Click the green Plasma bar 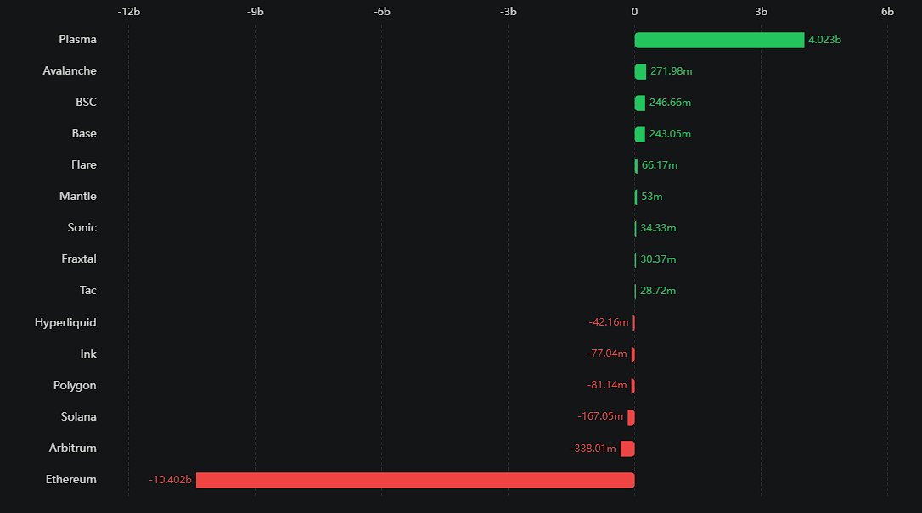tap(719, 40)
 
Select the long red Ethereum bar tap(415, 480)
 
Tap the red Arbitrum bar tap(627, 449)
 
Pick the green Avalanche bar tap(640, 71)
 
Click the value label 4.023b tap(824, 40)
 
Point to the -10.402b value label tap(171, 480)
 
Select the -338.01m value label tap(593, 449)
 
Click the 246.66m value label tap(676, 103)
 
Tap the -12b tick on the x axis tap(129, 12)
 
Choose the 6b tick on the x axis tap(887, 12)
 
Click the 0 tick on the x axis tap(634, 12)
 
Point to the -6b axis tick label tap(382, 12)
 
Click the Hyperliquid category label tap(65, 322)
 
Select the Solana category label tap(79, 416)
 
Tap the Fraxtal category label tap(79, 259)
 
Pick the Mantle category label tap(78, 196)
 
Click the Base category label tap(84, 133)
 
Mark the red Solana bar tap(631, 417)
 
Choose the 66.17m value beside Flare tap(660, 165)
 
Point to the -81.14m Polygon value tap(607, 386)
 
